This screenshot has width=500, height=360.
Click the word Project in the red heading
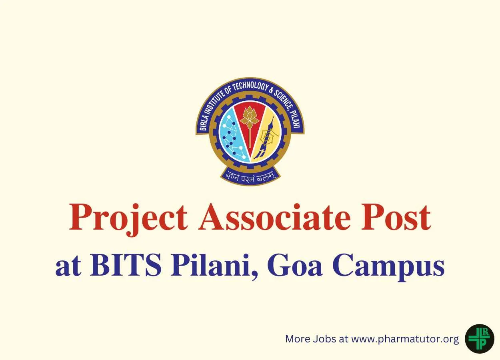tap(128, 220)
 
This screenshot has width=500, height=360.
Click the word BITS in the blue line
tap(126, 266)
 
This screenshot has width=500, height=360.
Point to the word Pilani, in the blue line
tap(214, 267)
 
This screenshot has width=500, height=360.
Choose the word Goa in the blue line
tap(295, 266)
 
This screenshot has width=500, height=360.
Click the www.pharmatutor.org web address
tap(405, 339)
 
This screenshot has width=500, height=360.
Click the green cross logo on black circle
tap(479, 338)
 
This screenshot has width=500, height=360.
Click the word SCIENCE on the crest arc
tap(282, 99)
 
